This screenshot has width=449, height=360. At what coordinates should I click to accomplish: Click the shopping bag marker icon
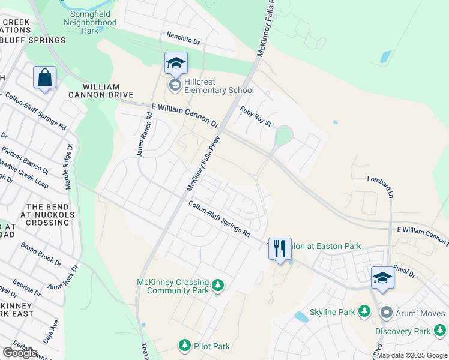click(45, 78)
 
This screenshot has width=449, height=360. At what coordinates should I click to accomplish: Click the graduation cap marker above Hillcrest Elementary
click(176, 63)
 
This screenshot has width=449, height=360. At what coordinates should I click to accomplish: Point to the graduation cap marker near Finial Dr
click(382, 277)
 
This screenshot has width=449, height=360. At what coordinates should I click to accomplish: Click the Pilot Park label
click(212, 346)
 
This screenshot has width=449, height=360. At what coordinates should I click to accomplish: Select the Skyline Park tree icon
click(363, 311)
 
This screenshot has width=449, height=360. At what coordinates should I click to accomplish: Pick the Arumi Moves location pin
click(387, 313)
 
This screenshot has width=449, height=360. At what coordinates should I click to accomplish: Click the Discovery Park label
click(403, 331)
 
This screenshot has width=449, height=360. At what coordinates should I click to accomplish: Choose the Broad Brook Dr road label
click(41, 254)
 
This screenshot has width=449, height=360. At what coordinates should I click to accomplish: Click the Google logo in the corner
click(20, 353)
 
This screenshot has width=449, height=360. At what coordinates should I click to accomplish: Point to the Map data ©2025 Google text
click(412, 355)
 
